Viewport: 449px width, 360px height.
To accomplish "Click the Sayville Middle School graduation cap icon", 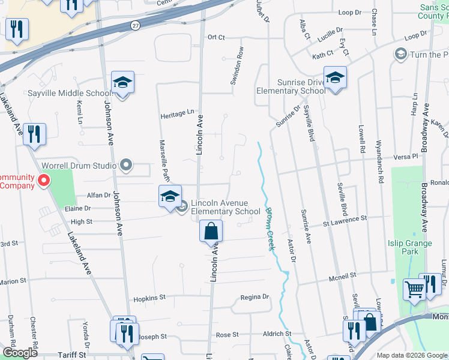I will pos(122,83).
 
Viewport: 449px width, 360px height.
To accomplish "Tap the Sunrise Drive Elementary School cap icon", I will pos(335,77).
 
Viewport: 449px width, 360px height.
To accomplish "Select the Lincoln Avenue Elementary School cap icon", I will pos(170,196).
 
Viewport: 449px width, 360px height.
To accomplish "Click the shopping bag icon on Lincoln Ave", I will pos(211,231).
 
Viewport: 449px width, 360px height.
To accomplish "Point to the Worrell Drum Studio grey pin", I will pos(125,164).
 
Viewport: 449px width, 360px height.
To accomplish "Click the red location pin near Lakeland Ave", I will pos(43,180).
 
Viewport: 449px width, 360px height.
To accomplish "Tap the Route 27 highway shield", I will pos(136,25).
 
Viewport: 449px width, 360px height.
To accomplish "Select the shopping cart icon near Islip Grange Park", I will pos(414,290).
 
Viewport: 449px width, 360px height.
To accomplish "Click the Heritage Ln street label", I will pos(178,112).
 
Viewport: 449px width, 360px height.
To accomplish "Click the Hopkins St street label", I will pos(149,298).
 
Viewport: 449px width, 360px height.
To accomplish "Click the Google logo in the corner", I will pos(20,353).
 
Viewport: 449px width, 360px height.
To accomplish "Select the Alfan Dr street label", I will pos(99,195).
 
